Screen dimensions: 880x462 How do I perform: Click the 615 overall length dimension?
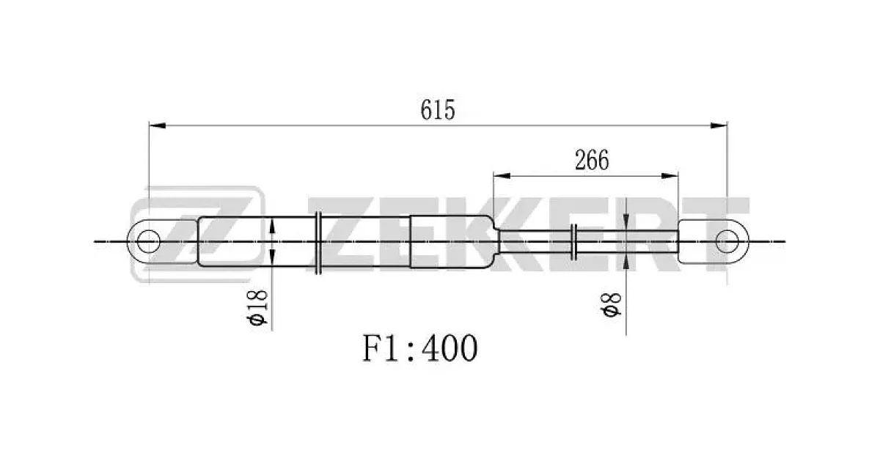tap(438, 110)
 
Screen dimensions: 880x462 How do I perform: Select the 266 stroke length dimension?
tap(592, 160)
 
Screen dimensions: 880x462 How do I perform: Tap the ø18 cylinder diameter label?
tap(257, 308)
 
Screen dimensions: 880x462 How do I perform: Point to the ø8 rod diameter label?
tap(611, 305)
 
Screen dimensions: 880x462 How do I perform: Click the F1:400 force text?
tap(419, 348)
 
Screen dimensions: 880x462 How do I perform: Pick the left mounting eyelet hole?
tap(149, 241)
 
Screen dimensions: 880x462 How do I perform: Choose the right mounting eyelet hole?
tap(727, 241)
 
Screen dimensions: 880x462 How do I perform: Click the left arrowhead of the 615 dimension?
tap(157, 125)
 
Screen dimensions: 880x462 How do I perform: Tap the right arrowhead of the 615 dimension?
tap(719, 125)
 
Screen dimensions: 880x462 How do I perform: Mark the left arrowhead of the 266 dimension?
tap(502, 175)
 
